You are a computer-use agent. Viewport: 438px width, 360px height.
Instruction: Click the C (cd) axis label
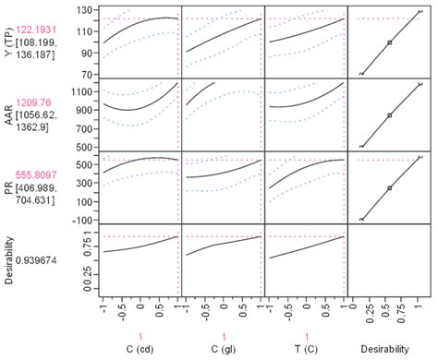(140, 352)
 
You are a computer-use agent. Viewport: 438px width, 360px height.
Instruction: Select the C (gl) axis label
(223, 352)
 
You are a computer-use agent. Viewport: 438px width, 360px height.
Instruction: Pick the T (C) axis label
(306, 352)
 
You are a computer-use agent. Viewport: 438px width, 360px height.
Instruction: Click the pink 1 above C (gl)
(223, 336)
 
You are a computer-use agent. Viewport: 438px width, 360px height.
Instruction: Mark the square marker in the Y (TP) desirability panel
(389, 42)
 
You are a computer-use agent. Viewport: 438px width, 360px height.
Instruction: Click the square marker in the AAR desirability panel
(389, 115)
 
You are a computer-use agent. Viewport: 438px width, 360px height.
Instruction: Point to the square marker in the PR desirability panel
(389, 187)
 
